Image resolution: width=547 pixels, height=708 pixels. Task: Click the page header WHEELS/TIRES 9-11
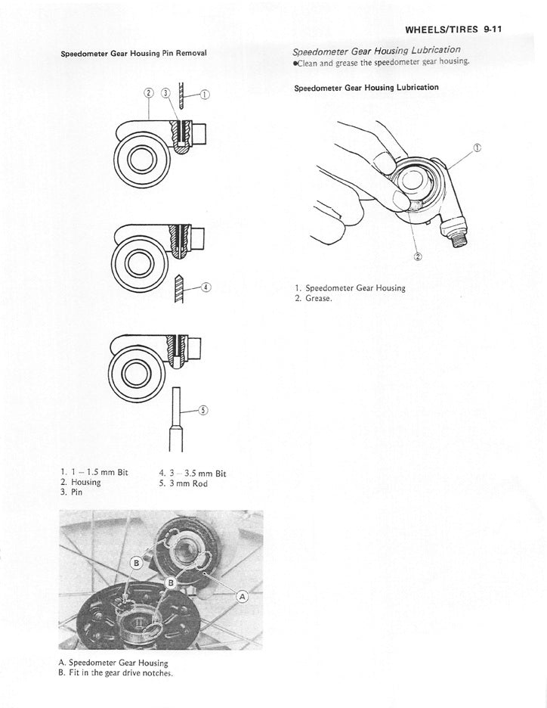click(454, 30)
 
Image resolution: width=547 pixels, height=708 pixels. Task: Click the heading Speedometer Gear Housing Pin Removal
click(133, 54)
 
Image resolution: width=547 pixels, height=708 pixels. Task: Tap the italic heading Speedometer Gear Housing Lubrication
click(376, 50)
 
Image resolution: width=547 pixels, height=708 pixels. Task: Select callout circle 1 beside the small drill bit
click(205, 95)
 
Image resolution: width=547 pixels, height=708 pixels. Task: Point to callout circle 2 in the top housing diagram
click(148, 93)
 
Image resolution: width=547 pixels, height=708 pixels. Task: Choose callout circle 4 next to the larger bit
click(206, 287)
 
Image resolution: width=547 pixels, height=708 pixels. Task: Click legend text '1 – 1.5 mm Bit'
click(94, 472)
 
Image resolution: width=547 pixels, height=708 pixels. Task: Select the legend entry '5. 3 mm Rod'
click(183, 483)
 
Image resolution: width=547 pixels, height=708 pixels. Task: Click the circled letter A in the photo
click(243, 597)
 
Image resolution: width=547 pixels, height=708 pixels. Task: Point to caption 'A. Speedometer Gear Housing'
click(113, 662)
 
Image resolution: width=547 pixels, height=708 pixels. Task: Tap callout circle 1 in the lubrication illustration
click(476, 147)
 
